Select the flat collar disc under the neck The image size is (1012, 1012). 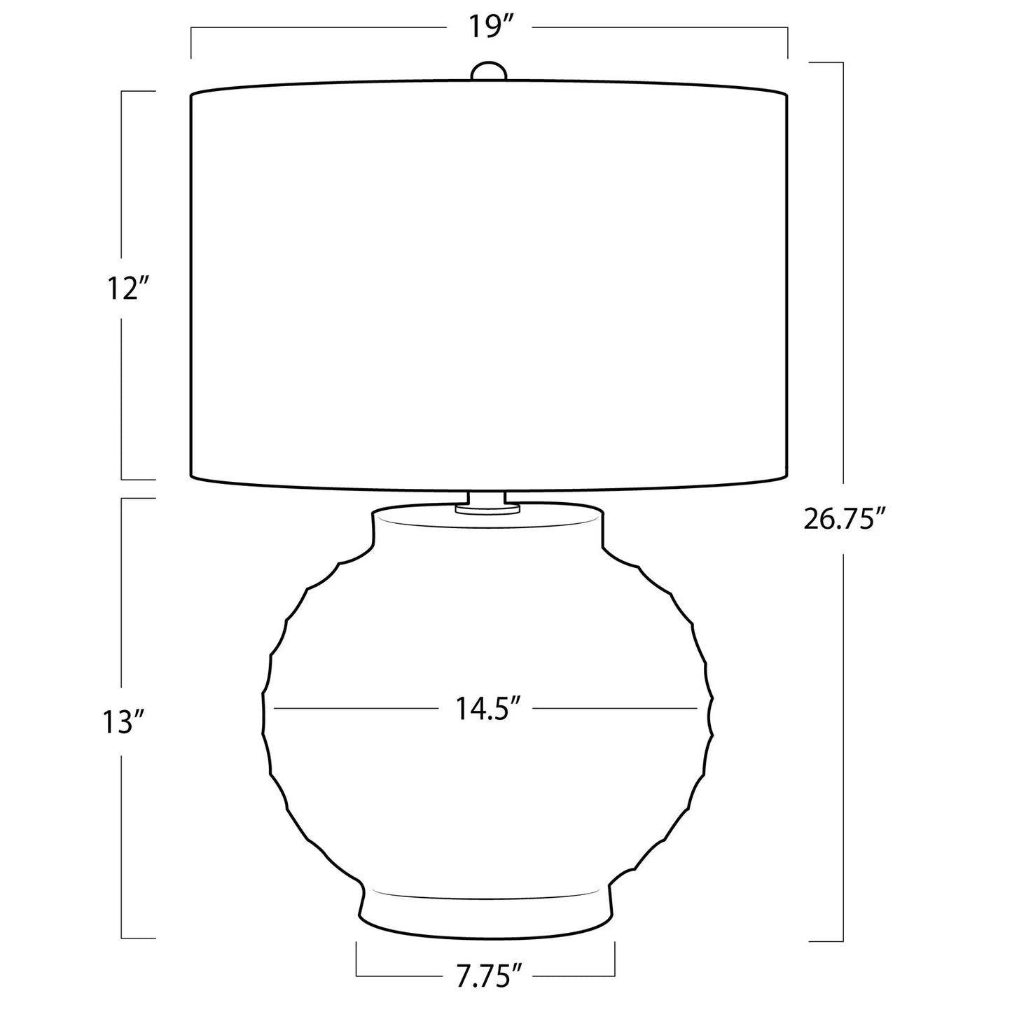(x=487, y=509)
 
